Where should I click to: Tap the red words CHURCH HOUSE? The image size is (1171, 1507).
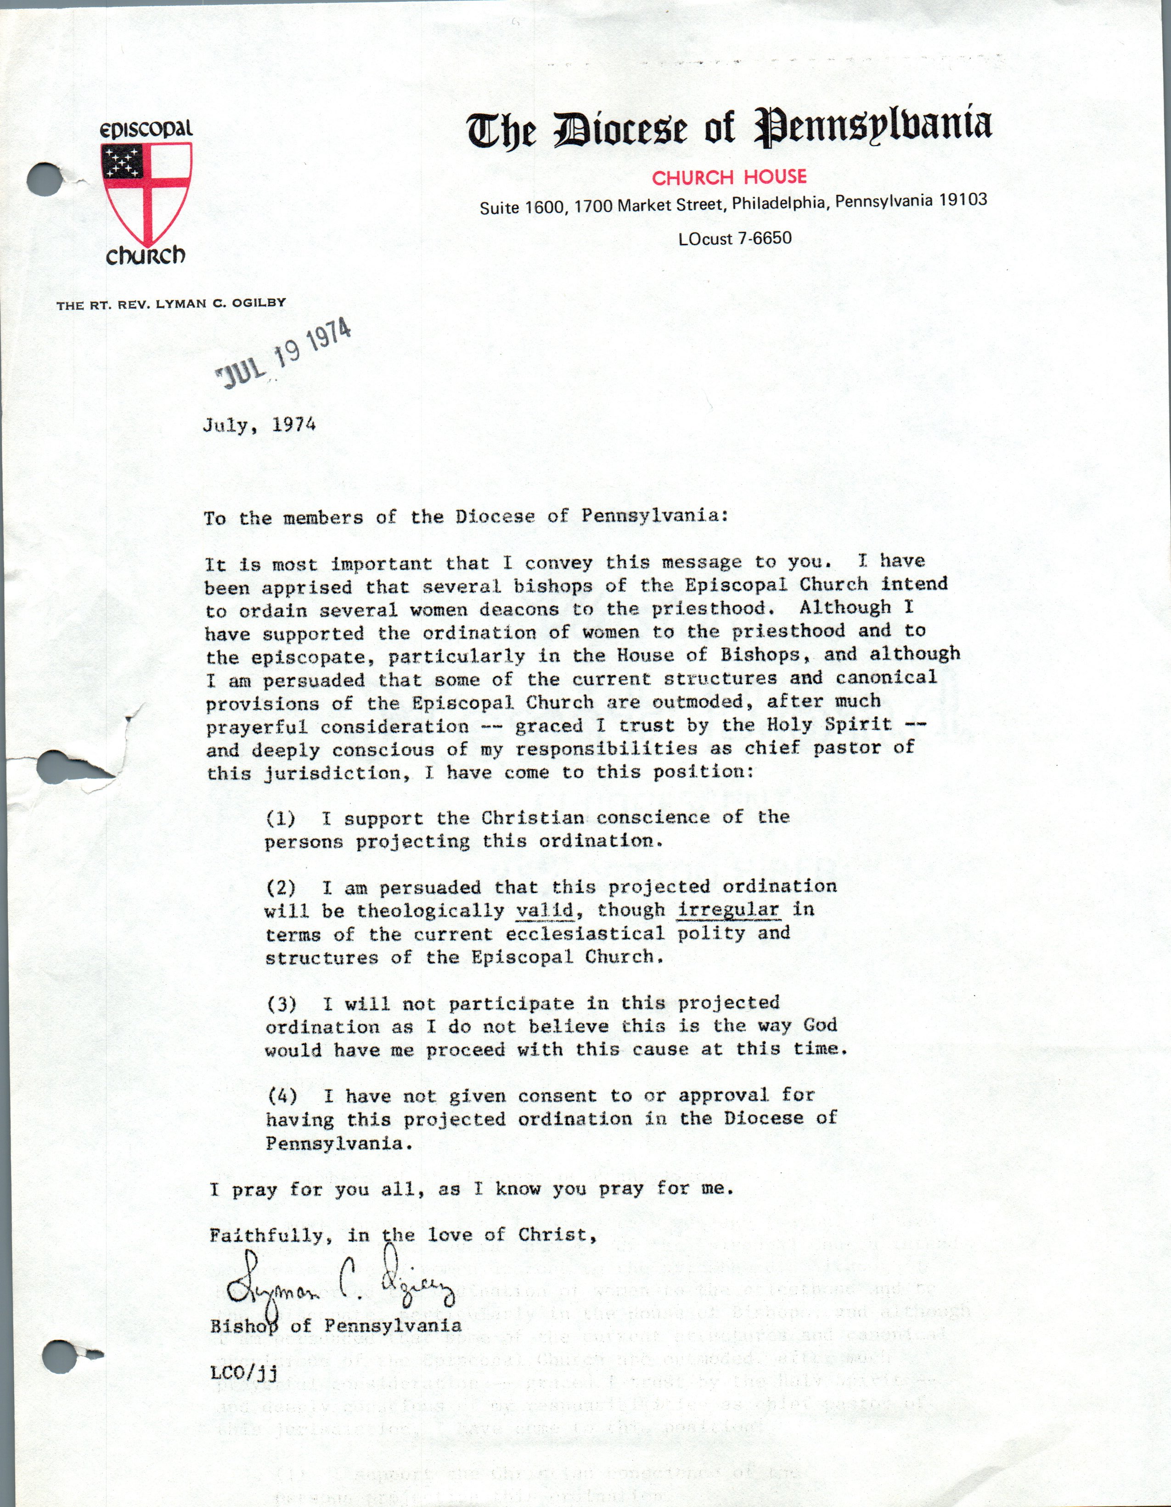pyautogui.click(x=729, y=177)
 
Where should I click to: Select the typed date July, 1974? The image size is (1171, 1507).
pyautogui.click(x=259, y=424)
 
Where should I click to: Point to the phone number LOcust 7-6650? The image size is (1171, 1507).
pyautogui.click(x=735, y=239)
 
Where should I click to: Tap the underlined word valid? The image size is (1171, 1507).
pyautogui.click(x=545, y=910)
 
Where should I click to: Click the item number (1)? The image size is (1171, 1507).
pyautogui.click(x=281, y=818)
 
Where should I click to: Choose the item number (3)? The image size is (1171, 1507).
pyautogui.click(x=281, y=1003)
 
